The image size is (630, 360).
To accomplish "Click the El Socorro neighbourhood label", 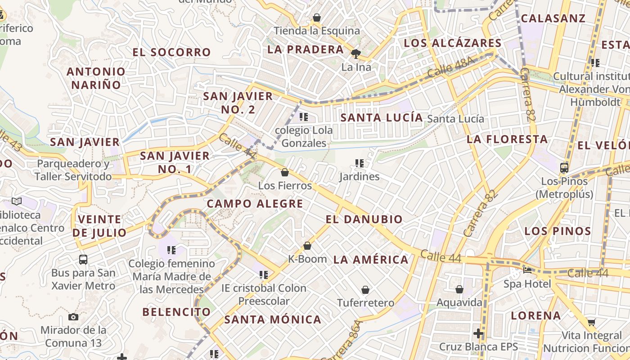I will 171,52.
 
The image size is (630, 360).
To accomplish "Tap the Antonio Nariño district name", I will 96,78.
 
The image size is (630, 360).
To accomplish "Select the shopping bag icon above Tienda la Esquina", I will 317,18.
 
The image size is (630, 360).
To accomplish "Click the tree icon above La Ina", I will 356,54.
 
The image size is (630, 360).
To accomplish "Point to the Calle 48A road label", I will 451,67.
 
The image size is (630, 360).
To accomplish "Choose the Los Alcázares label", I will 452,43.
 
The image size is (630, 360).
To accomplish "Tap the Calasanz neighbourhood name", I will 553,18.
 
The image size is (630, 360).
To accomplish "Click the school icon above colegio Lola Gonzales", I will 304,117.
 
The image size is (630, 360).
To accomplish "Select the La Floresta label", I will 507,139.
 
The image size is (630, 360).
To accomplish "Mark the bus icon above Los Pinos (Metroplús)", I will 564,168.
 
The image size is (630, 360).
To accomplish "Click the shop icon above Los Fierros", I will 284,172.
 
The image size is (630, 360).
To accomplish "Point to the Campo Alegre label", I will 255,204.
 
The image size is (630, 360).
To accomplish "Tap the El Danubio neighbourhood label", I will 364,220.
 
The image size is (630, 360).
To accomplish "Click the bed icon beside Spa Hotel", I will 527,270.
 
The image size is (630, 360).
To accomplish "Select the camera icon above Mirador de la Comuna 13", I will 73,317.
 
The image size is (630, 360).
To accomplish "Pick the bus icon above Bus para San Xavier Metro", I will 83,259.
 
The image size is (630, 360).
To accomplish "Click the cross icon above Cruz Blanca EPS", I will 478,333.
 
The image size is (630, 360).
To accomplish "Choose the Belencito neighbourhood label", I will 176,312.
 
